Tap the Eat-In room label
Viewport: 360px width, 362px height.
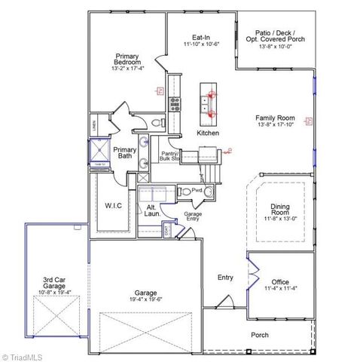click(200, 37)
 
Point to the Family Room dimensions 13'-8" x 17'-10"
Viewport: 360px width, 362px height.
click(275, 125)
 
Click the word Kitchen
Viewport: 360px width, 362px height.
click(208, 133)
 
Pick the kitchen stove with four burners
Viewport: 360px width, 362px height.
click(175, 105)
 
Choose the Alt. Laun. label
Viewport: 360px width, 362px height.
click(151, 211)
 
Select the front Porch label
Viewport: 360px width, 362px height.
click(259, 335)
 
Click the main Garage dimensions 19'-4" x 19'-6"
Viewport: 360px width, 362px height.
click(145, 297)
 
